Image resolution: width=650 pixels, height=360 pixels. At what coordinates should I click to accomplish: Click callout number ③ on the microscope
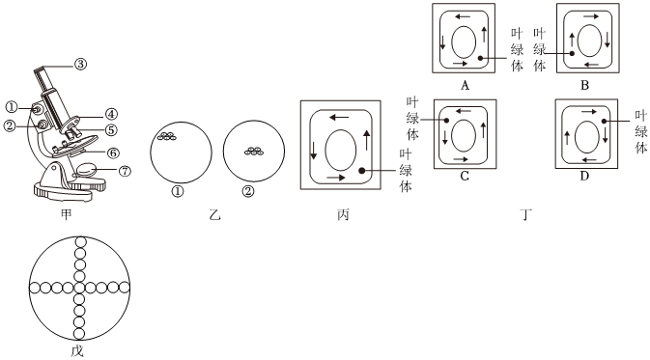(80, 65)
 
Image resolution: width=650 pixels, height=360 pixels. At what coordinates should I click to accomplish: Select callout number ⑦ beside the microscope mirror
(125, 170)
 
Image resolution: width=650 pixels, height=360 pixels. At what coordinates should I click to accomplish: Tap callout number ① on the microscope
(12, 108)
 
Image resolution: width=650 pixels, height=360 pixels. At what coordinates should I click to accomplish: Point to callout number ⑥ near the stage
(113, 152)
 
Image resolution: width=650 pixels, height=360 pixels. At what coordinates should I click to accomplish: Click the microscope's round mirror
(86, 170)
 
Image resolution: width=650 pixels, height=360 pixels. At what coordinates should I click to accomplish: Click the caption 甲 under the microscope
(66, 214)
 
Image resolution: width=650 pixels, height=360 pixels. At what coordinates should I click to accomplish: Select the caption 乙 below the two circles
(214, 214)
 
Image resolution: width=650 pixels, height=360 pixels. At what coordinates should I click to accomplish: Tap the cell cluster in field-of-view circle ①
(167, 136)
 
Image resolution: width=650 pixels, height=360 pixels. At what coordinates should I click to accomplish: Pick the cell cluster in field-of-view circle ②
(254, 151)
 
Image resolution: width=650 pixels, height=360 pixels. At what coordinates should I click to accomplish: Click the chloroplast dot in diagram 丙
(361, 170)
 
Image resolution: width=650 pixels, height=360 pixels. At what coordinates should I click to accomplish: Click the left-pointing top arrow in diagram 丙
(339, 117)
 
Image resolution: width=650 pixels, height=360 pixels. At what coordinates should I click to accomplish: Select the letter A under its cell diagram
(465, 86)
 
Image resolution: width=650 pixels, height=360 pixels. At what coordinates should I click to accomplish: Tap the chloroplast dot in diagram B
(572, 53)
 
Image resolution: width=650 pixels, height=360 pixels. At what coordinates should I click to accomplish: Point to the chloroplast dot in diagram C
(446, 121)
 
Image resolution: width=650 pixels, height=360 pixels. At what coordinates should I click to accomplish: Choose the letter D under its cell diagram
(584, 176)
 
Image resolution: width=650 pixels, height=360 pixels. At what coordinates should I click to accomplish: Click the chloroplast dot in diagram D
(604, 121)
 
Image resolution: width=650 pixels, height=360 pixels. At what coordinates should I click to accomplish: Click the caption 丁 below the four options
(525, 214)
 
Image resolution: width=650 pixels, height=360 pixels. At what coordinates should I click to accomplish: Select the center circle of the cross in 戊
(79, 287)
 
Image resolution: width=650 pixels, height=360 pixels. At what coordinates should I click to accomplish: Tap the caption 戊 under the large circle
(77, 351)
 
